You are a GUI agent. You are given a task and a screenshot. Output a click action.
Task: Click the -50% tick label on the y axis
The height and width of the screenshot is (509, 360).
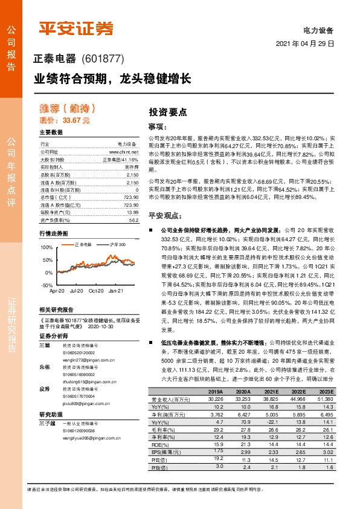click(x=47, y=284)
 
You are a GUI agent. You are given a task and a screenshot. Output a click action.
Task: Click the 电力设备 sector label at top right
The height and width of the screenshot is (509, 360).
click(x=318, y=30)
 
